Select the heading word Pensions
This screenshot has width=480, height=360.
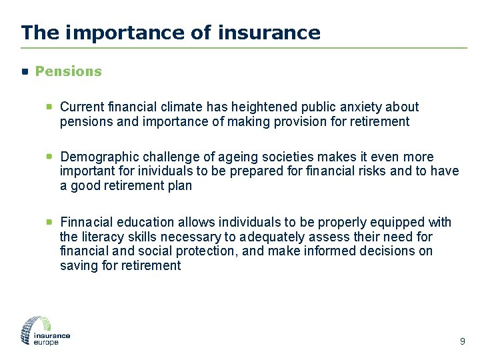coord(68,71)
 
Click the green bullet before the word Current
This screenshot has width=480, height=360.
coord(49,106)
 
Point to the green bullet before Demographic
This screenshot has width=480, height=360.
coord(49,157)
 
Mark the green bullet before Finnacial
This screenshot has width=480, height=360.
coord(49,222)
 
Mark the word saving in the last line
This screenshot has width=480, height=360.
coord(77,266)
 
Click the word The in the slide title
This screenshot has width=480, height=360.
coord(35,32)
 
